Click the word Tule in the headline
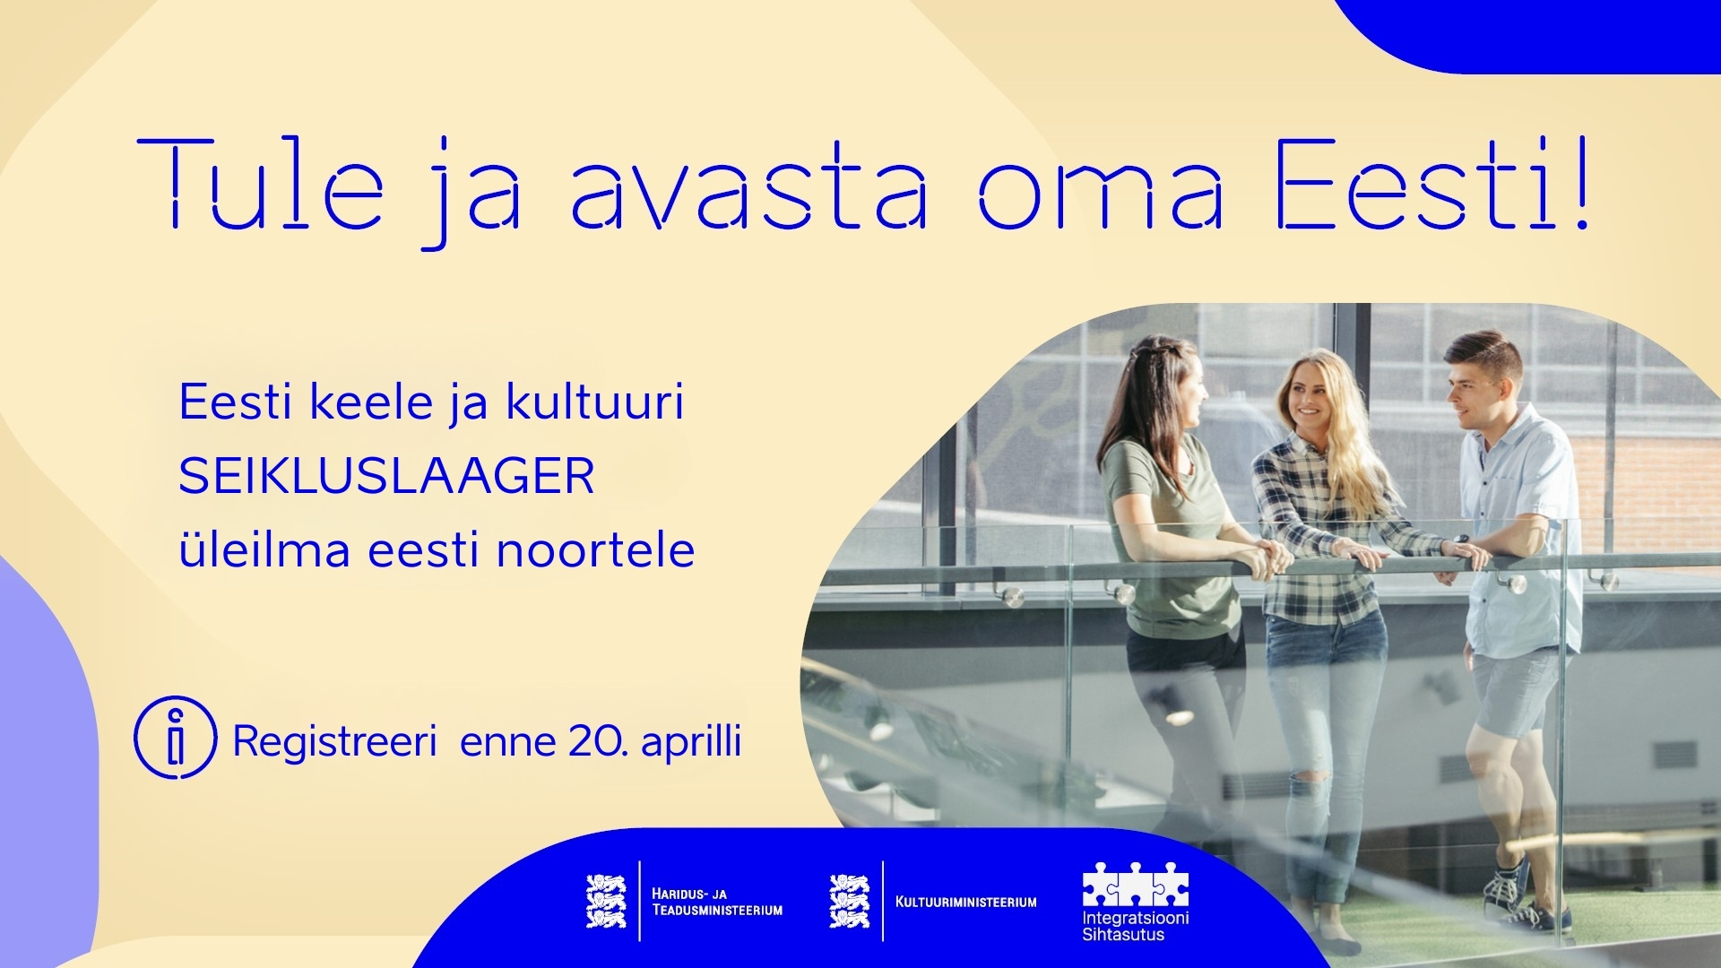(x=261, y=185)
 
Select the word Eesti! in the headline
(x=1432, y=185)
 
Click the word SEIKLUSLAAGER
(x=386, y=476)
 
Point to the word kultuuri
(x=595, y=401)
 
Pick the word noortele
(x=595, y=549)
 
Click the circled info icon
(x=176, y=737)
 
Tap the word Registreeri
(x=334, y=741)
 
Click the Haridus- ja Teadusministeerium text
(x=717, y=902)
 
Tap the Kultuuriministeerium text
(x=966, y=902)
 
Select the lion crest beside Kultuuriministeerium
(x=849, y=901)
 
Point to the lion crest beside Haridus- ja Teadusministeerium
(x=606, y=901)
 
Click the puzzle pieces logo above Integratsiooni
(x=1136, y=885)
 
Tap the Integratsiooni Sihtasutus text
(x=1136, y=927)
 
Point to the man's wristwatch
(x=1462, y=540)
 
